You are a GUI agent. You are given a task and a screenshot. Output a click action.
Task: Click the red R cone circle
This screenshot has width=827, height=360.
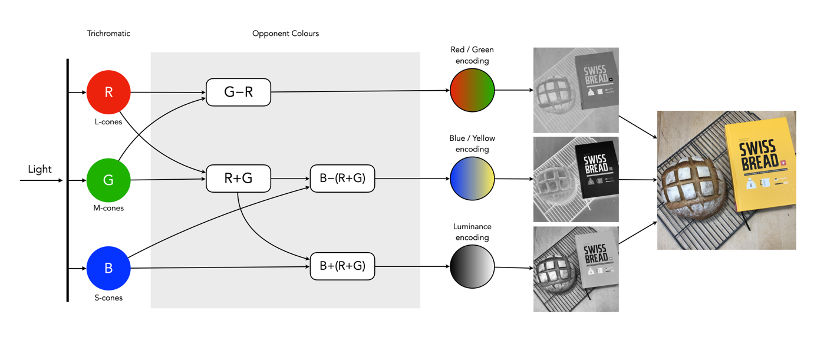point(108,92)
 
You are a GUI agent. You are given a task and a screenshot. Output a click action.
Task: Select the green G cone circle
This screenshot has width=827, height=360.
point(108,180)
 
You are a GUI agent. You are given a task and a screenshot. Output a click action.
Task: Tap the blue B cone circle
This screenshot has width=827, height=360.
point(108,268)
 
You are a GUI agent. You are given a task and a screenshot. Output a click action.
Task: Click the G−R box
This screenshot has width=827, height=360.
point(238,92)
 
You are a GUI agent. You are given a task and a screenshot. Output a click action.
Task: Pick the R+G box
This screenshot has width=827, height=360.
point(238,179)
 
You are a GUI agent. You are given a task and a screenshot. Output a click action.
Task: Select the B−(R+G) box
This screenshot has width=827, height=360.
point(342,179)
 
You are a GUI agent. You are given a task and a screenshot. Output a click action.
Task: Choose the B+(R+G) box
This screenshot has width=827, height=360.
point(342,266)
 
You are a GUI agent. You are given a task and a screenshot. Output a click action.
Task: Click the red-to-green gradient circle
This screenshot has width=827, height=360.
point(472,90)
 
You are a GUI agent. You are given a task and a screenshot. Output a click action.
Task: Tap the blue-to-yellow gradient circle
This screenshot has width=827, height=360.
point(472,179)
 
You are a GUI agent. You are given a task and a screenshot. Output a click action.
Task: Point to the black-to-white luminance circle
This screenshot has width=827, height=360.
point(472,267)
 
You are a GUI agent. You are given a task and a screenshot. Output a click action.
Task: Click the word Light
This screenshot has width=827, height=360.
point(40,170)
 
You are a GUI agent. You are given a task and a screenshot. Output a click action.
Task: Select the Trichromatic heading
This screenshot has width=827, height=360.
point(108,34)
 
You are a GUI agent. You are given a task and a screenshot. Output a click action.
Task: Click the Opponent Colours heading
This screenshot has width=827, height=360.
point(285,34)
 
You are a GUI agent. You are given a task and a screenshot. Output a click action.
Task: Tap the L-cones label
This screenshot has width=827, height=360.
point(108,122)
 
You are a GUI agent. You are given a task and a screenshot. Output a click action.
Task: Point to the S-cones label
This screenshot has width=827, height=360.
point(108,298)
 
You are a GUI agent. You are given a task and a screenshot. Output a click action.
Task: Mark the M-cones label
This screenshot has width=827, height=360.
point(108,208)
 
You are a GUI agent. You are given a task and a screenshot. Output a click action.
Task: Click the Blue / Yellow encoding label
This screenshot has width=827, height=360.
point(472,144)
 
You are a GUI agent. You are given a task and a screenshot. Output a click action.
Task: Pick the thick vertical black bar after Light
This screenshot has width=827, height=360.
point(68,180)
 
